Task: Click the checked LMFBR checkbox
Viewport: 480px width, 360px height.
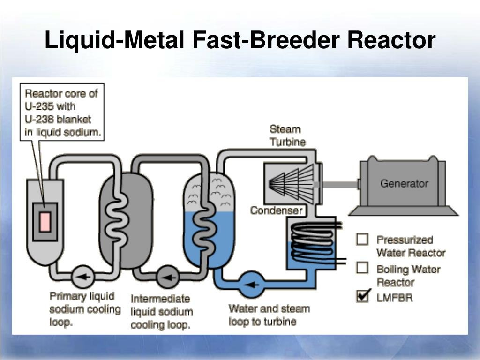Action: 362,296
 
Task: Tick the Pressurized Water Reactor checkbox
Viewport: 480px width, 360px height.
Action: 362,239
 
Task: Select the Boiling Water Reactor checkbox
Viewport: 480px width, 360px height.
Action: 362,268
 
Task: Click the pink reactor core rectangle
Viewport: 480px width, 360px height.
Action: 45,221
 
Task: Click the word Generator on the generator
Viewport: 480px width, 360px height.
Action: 404,183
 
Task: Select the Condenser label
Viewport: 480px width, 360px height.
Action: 276,210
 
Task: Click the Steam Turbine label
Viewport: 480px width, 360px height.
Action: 287,135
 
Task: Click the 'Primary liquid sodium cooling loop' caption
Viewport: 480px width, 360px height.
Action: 84,309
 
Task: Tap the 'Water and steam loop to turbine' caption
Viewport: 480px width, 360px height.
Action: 269,315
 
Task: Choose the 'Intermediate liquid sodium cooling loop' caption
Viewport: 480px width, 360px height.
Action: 162,312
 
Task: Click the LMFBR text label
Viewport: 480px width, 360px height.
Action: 395,297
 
